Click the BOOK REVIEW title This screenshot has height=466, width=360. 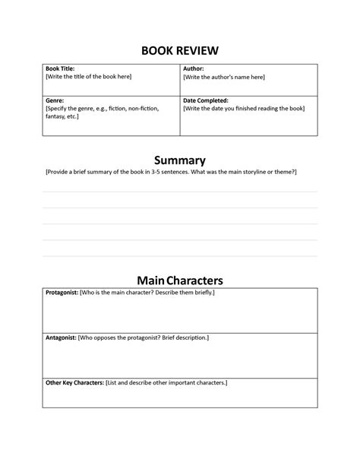coord(180,51)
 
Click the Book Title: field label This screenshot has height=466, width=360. coord(61,68)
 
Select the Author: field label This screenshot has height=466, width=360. coord(194,68)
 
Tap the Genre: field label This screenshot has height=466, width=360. coord(55,100)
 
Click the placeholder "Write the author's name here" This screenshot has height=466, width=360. coord(224,77)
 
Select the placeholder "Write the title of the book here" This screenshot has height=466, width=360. coord(89,77)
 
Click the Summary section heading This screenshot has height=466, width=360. coord(180,160)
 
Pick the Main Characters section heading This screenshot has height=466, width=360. coord(180,281)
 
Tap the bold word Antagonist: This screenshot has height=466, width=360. coord(61,337)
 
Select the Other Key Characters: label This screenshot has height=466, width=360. coord(74,382)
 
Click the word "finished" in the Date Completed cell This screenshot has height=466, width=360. coord(255,109)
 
